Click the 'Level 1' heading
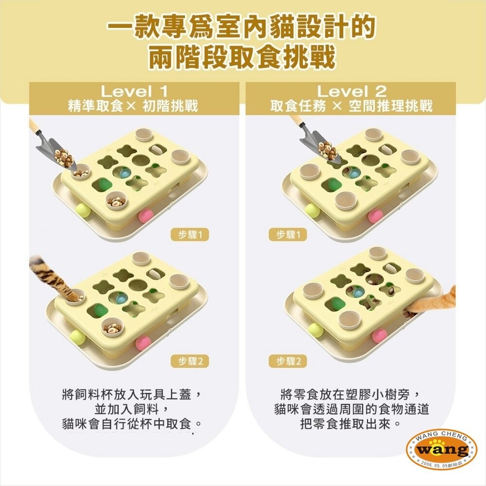coord(134,91)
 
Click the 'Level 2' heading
coord(351,91)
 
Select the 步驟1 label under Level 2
coord(288,235)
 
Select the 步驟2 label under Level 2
coord(288,361)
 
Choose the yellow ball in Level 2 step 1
coord(312,210)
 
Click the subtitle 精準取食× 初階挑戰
coord(134,106)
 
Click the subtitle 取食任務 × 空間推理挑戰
coord(351,106)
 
